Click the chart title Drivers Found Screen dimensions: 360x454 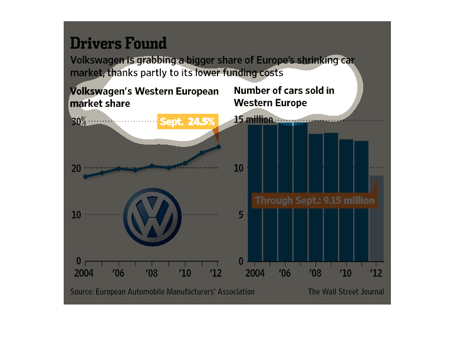point(118,43)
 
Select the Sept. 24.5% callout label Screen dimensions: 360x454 point(187,122)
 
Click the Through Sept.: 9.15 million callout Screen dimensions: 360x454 point(314,201)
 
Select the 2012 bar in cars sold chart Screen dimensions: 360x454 point(377,218)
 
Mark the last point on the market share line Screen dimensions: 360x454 point(218,147)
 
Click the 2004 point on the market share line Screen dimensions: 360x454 point(85,176)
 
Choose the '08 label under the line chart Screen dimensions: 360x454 point(152,273)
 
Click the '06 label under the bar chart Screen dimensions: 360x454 point(285,273)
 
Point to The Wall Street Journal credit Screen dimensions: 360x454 point(346,292)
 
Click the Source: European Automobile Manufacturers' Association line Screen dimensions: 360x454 point(162,292)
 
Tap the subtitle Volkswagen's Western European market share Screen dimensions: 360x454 point(144,97)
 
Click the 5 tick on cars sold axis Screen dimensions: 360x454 point(241,215)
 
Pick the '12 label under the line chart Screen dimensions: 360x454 point(217,273)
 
